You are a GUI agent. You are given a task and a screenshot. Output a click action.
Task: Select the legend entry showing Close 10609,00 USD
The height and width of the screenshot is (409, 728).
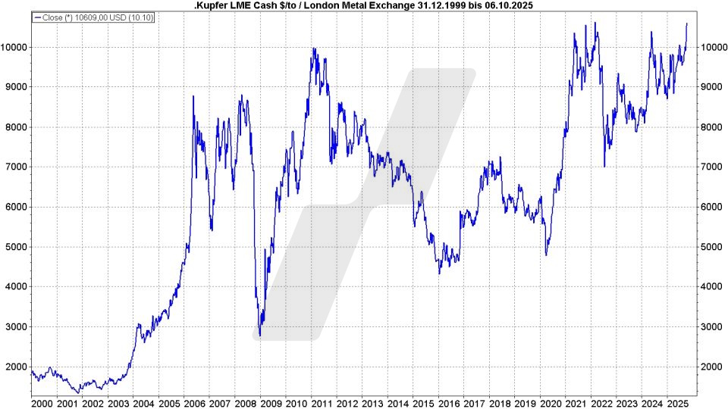tap(93, 17)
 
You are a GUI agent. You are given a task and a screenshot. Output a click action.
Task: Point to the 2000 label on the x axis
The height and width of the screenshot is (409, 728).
tap(42, 401)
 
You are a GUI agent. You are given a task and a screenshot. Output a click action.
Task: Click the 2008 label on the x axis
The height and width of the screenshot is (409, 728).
tap(245, 401)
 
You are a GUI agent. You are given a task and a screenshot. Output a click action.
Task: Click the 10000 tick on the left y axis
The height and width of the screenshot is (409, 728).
tap(14, 47)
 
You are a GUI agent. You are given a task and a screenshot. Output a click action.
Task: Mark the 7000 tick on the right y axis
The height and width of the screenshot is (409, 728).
tap(711, 167)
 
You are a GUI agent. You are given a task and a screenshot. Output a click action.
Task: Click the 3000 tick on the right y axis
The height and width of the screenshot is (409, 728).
tap(711, 326)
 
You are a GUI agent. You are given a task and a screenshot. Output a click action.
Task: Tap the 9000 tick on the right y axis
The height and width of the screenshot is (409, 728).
tap(711, 87)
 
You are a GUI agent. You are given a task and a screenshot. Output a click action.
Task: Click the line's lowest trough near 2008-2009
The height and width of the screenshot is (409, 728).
tap(260, 335)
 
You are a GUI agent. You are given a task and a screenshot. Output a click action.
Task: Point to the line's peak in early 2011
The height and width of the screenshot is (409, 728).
tap(313, 48)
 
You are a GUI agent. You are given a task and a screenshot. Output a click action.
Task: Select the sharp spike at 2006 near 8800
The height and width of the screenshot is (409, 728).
tap(193, 96)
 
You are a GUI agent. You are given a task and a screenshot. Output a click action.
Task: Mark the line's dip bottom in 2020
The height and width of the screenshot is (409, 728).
tap(546, 254)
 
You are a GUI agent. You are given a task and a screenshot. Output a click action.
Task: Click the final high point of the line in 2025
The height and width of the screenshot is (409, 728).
tap(686, 23)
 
